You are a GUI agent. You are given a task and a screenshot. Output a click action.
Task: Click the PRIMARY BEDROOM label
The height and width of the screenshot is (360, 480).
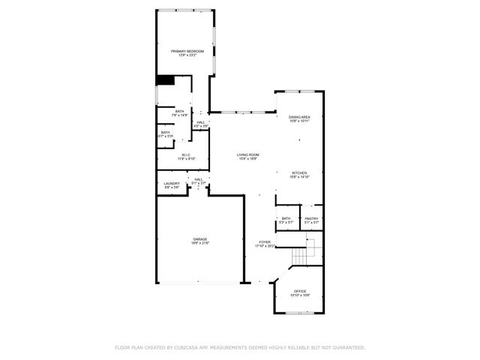187,51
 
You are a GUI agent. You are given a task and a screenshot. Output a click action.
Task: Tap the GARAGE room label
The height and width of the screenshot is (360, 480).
199,239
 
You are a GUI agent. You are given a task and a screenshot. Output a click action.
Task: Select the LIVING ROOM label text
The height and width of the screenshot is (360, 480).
247,154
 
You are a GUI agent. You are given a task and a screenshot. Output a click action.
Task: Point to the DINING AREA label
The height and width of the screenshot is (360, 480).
299,116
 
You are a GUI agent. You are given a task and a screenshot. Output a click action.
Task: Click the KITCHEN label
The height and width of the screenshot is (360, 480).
298,172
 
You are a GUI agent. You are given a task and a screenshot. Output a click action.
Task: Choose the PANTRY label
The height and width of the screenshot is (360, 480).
311,218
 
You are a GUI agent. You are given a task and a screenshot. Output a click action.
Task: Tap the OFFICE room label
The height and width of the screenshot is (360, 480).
300,291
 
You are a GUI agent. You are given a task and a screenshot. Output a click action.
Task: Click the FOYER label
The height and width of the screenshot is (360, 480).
265,241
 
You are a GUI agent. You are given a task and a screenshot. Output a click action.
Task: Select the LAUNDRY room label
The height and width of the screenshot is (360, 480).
172,184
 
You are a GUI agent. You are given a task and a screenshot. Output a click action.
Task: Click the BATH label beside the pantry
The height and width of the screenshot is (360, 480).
286,218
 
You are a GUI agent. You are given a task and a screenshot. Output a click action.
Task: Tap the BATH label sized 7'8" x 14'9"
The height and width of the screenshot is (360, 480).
180,112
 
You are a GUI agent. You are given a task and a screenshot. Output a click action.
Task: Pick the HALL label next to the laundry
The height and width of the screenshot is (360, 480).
199,179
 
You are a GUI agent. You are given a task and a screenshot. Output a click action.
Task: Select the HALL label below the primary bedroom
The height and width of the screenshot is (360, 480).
200,122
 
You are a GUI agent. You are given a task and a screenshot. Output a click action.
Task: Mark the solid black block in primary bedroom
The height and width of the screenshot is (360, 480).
164,80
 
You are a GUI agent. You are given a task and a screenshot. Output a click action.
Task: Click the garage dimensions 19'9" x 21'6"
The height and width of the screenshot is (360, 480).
199,244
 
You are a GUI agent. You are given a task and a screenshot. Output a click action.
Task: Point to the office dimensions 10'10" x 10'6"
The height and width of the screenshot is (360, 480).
300,295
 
